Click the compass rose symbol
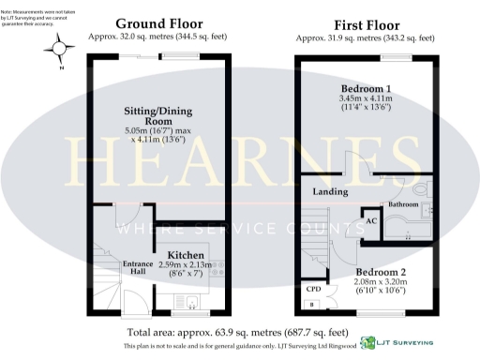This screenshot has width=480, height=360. pyautogui.click(x=60, y=47)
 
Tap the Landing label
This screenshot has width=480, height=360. pyautogui.click(x=324, y=192)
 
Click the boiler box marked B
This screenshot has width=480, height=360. pyautogui.click(x=311, y=304)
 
